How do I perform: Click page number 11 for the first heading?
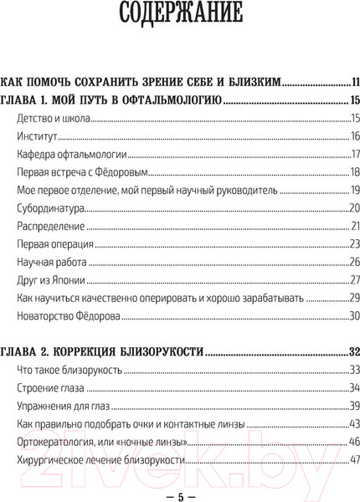[x=355, y=82]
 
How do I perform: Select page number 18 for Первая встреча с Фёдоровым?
[x=354, y=173]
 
